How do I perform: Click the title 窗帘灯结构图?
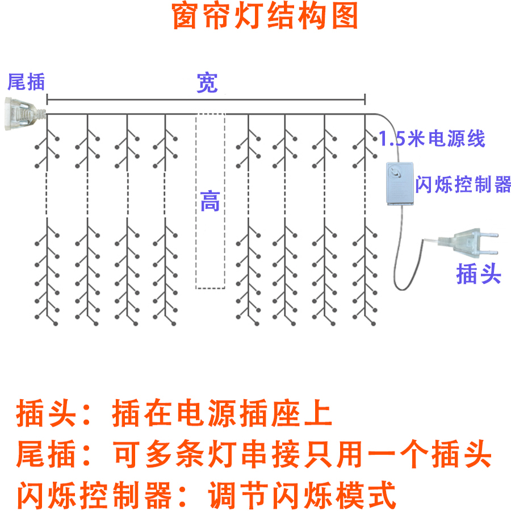click(265, 17)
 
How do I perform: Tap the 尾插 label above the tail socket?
click(26, 82)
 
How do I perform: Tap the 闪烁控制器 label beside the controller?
click(463, 185)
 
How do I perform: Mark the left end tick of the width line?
click(47, 100)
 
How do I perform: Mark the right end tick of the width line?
click(365, 100)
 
